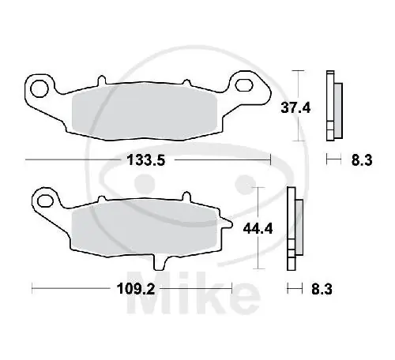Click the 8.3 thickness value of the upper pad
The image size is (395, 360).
coord(360,161)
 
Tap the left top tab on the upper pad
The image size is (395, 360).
coord(100,81)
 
